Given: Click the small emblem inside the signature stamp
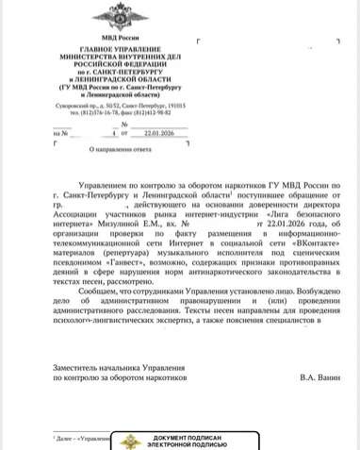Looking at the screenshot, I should [130, 441].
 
